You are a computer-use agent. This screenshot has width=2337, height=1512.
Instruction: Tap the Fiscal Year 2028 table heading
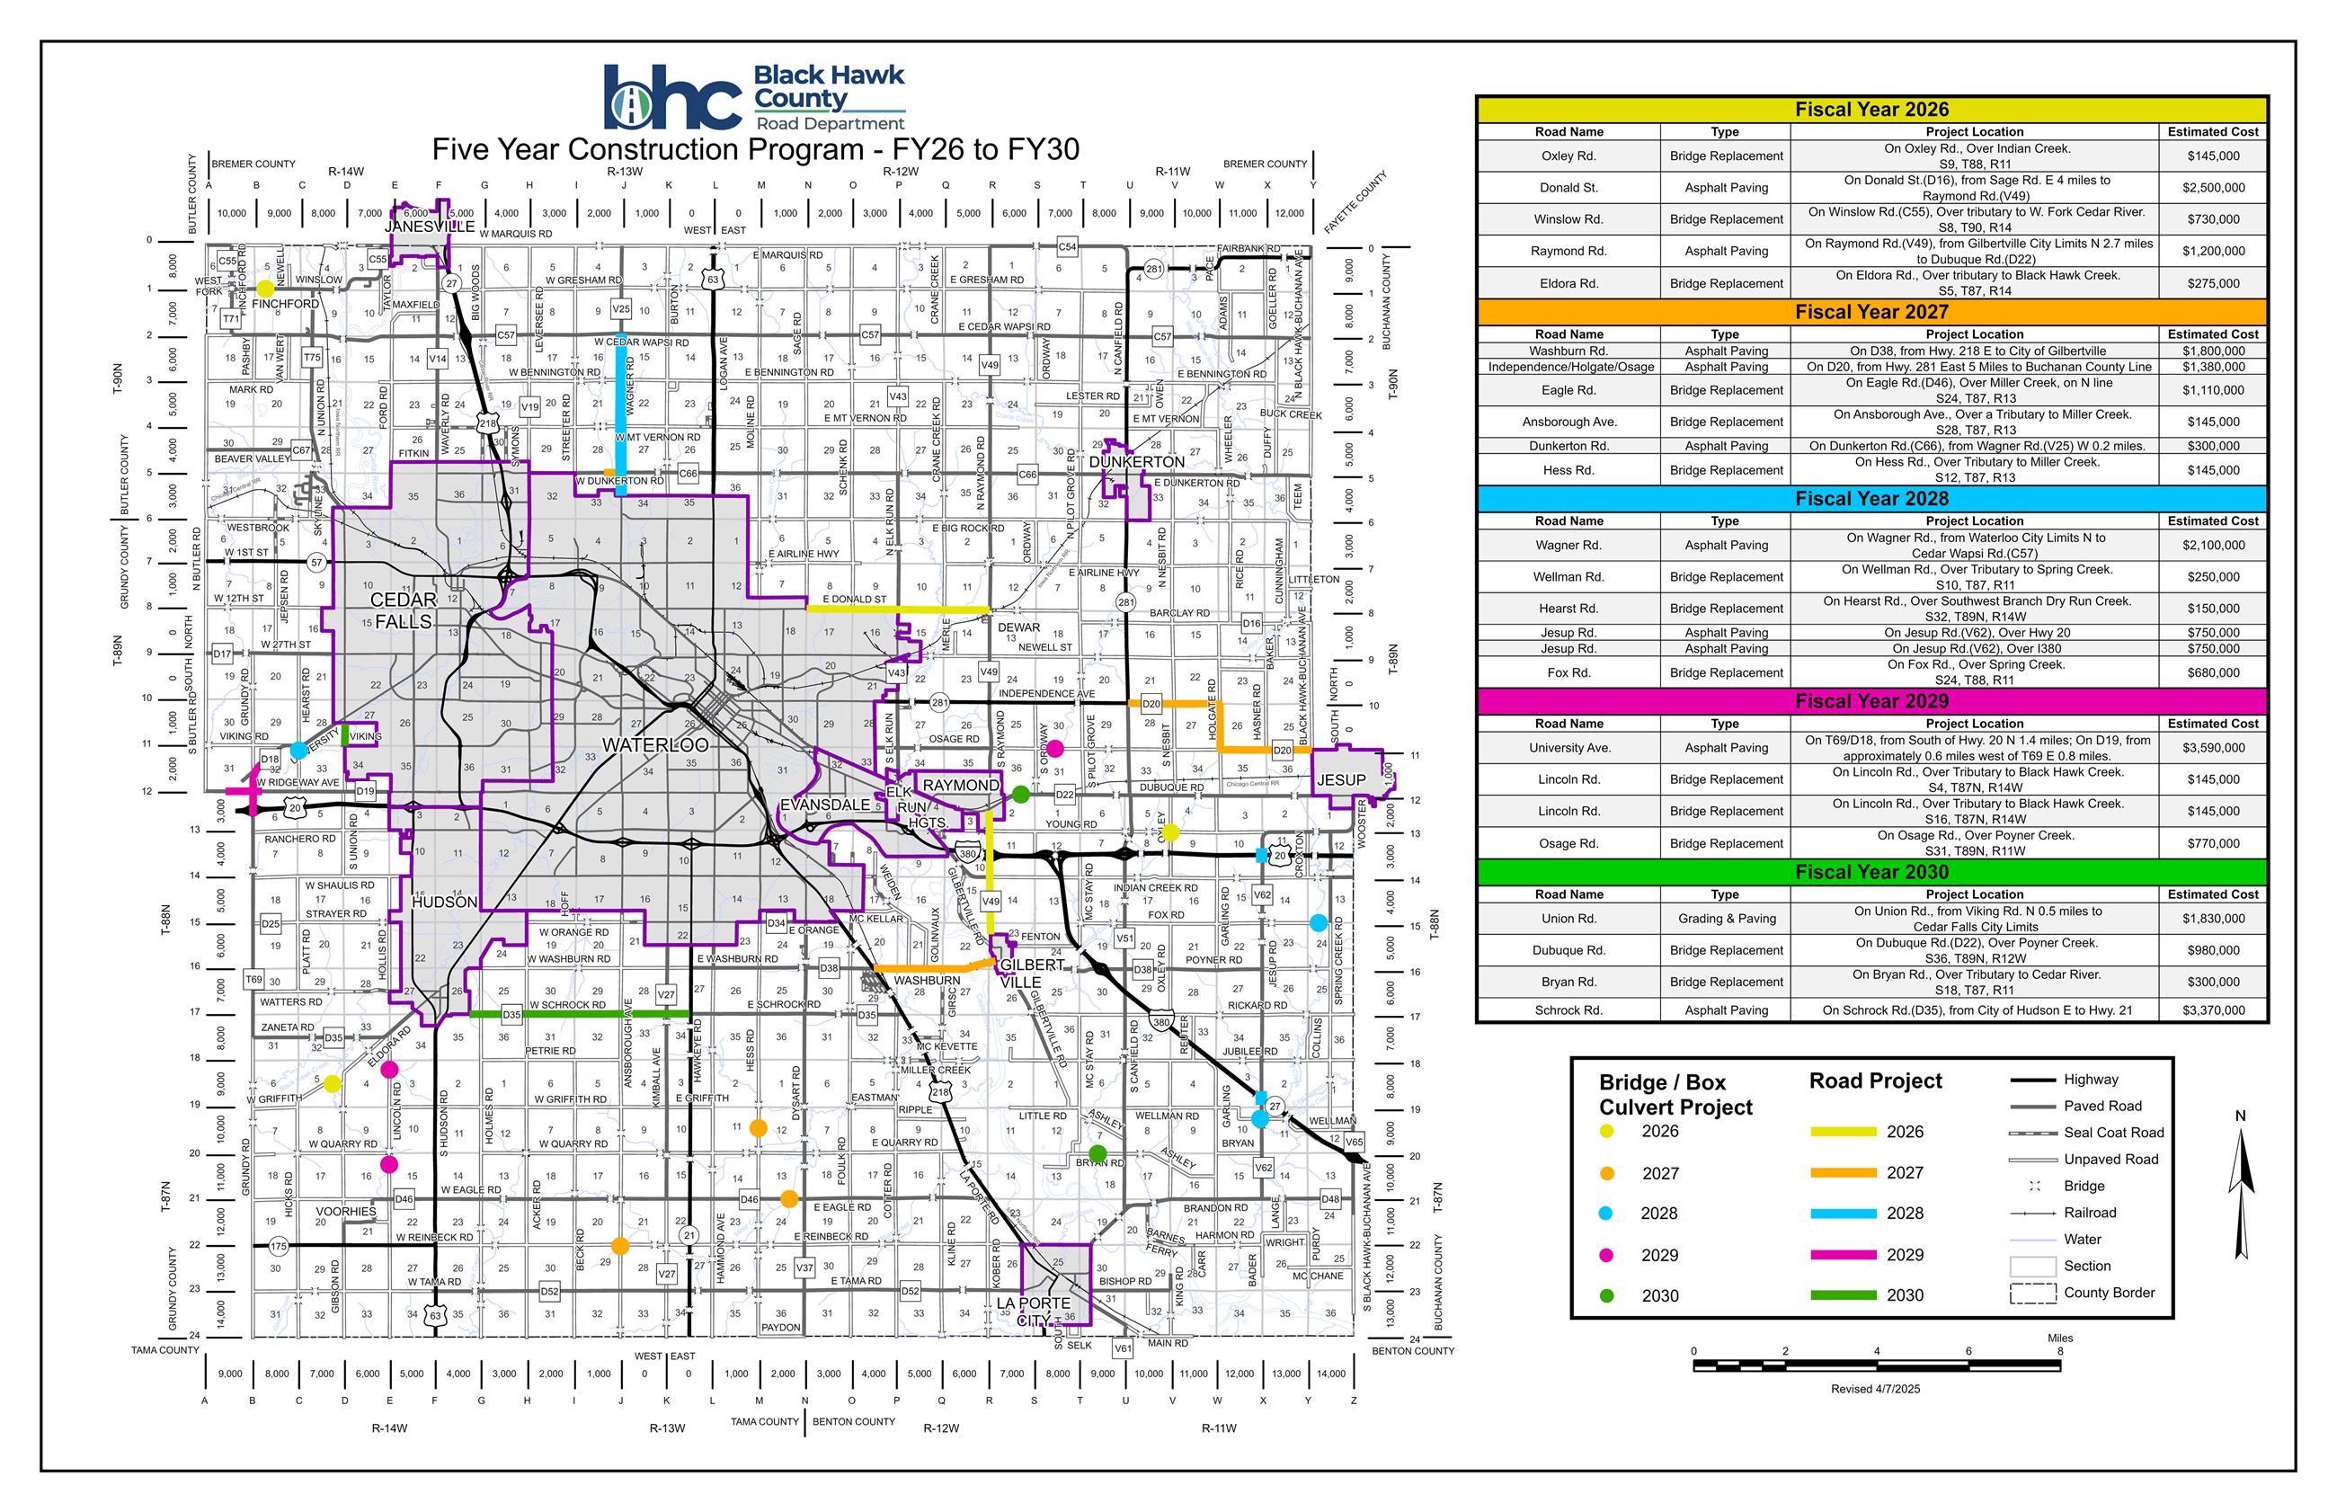coord(1871,499)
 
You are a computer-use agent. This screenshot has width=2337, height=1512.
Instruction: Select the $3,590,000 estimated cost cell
coord(2212,748)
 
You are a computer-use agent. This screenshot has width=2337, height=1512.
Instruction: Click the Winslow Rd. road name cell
coord(1568,219)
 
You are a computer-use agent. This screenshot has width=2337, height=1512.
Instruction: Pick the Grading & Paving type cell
coord(1725,919)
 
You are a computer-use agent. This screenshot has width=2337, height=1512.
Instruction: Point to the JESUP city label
coord(1341,779)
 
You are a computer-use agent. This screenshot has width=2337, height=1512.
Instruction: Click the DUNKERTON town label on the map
coord(1138,461)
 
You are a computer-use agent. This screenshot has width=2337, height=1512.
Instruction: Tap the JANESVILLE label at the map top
coord(430,226)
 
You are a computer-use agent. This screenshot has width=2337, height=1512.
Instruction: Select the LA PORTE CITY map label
coord(1033,1311)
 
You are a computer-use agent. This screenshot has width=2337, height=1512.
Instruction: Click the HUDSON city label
coord(445,903)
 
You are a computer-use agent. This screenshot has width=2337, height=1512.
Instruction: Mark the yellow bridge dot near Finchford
coord(265,289)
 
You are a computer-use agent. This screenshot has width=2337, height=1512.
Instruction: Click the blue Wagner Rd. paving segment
coord(621,413)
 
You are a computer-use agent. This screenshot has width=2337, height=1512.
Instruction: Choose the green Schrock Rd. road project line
coord(579,1013)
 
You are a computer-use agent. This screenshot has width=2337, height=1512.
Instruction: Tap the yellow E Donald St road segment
coord(898,609)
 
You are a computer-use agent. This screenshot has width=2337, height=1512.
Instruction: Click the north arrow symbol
coord(2241,1168)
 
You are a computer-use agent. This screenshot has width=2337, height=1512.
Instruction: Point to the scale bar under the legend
coord(1876,1365)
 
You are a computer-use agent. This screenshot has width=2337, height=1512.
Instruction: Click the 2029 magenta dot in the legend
coord(1607,1255)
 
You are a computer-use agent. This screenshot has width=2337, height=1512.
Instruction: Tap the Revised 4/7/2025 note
coord(1875,1389)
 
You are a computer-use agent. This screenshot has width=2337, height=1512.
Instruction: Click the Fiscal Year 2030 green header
coord(1871,872)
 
